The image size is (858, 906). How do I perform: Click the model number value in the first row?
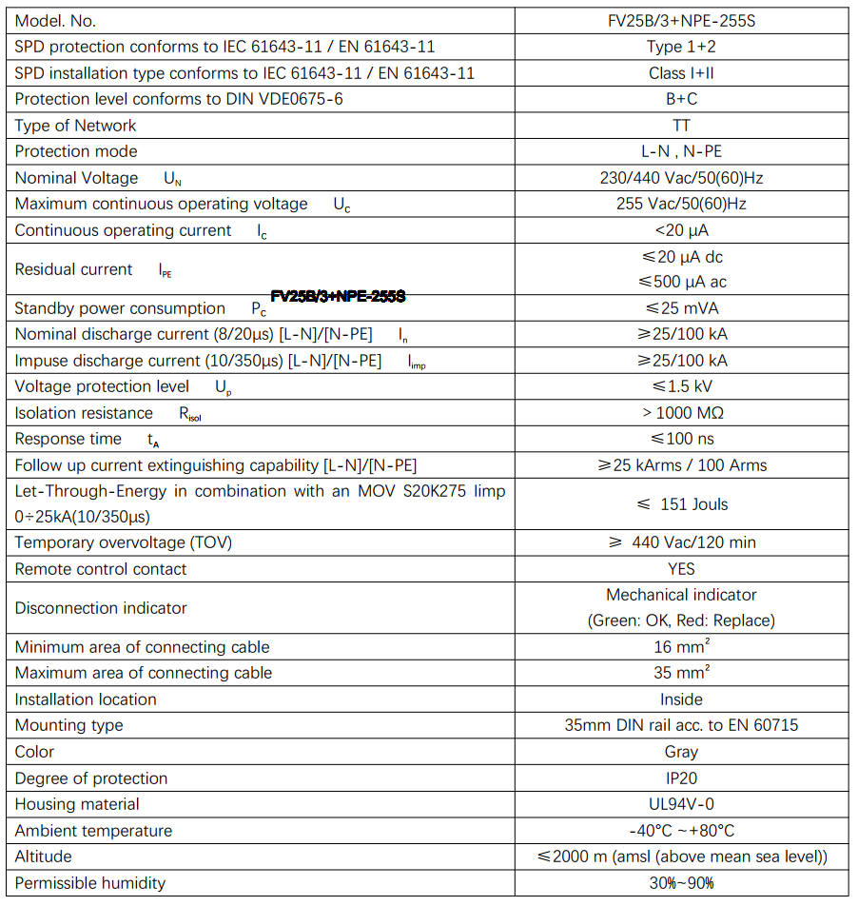pos(681,21)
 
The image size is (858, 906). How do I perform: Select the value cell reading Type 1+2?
pos(681,47)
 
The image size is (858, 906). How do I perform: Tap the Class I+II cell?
pos(681,73)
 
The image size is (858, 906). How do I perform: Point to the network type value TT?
pos(681,126)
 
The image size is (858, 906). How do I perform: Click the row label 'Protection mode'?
pos(76,151)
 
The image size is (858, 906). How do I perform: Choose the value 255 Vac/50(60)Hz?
pos(681,204)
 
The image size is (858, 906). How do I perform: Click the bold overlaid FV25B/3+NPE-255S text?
pos(339,297)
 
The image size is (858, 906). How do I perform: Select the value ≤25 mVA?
pos(681,308)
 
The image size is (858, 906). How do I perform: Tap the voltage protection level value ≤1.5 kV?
pos(681,386)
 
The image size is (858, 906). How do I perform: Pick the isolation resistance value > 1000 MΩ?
pos(681,413)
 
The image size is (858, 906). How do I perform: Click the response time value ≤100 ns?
pos(681,439)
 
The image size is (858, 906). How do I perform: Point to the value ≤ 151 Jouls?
pos(681,504)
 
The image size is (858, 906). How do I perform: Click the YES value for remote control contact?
pos(681,569)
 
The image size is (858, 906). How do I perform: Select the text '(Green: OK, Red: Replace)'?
pos(681,620)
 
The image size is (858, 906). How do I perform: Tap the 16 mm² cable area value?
pos(681,647)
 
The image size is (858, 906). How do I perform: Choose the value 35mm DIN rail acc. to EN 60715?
pos(681,725)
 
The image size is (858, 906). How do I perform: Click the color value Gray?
pos(681,752)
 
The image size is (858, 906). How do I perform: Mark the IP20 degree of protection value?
pos(681,778)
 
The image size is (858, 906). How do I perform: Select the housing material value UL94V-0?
pos(681,804)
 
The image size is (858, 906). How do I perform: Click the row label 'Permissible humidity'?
pos(90,883)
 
